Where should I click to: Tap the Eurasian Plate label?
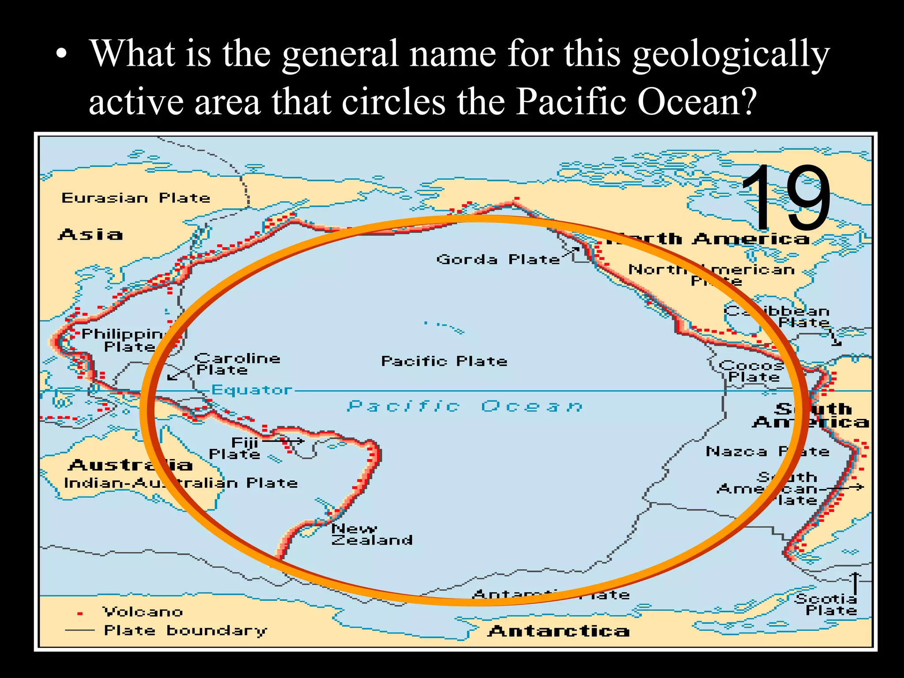(136, 198)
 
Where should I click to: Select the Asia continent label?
(90, 234)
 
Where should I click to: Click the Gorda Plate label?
(498, 259)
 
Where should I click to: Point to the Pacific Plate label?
(444, 361)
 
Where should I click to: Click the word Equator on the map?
(252, 390)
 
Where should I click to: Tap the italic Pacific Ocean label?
(465, 406)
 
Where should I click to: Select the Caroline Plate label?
(237, 364)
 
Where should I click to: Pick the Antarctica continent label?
(558, 631)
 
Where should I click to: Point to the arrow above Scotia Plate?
(855, 583)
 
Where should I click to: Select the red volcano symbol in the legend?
(80, 614)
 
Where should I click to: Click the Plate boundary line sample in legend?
(79, 630)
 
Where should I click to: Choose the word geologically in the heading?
(731, 55)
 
